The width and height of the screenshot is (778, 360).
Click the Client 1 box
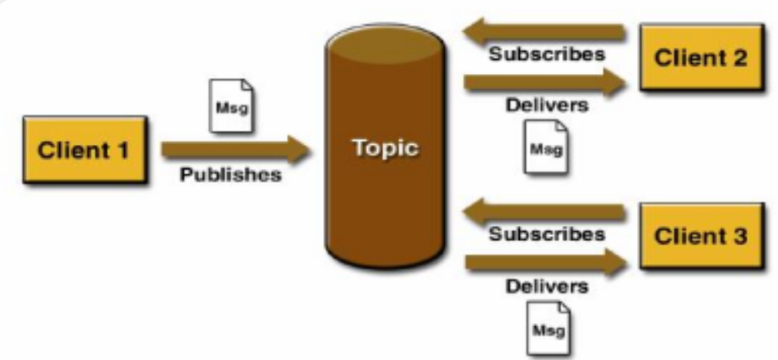tap(84, 150)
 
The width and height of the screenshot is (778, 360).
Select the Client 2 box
tap(701, 57)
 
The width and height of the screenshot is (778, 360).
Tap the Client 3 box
tap(701, 236)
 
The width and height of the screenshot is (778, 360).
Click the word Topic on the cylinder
tap(386, 148)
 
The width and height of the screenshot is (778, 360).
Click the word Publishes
tap(231, 175)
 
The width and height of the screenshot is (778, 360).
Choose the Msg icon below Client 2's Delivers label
tap(546, 146)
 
